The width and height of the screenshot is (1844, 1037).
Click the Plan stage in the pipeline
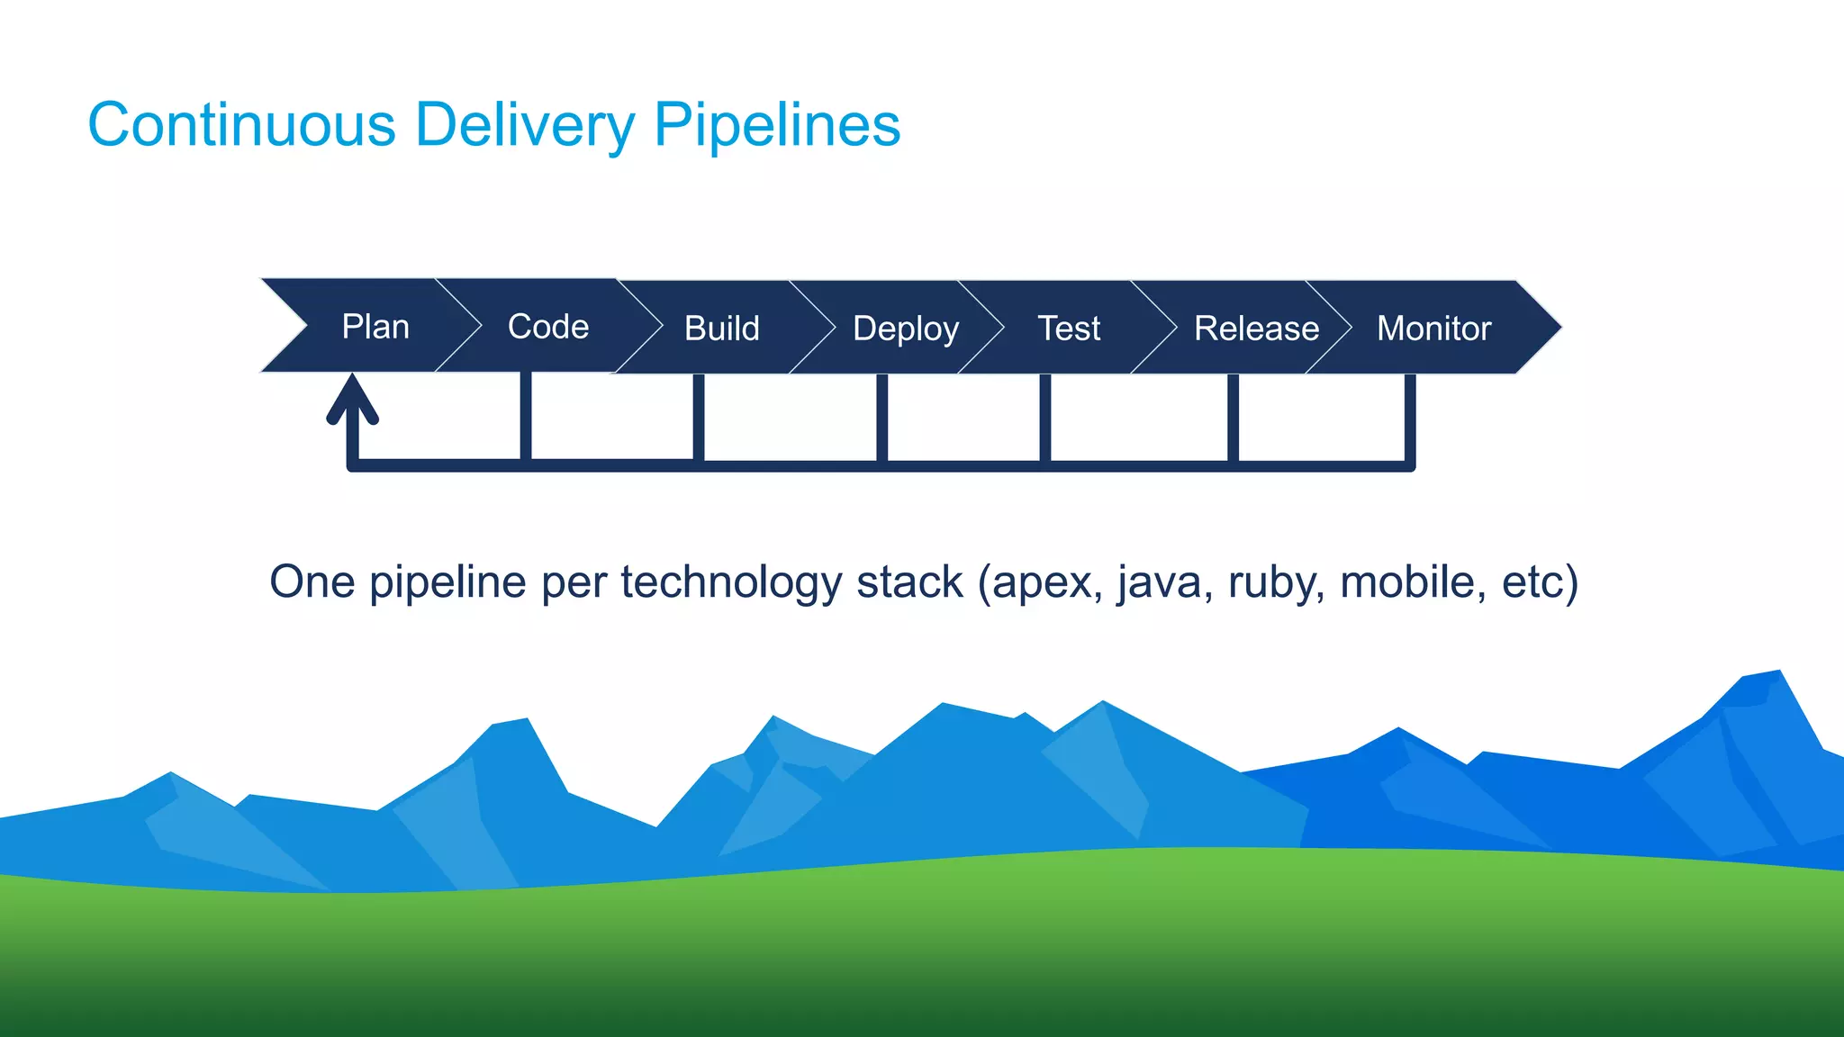(x=375, y=327)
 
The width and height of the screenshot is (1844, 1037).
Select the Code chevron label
(x=548, y=327)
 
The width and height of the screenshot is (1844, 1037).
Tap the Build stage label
(x=721, y=329)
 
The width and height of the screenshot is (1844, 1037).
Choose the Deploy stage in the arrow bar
(x=905, y=329)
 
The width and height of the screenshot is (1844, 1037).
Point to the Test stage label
(x=1069, y=329)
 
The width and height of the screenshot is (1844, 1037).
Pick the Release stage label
(x=1256, y=329)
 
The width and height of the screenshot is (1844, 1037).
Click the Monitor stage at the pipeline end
(x=1433, y=329)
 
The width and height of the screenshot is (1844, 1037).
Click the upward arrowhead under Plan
(x=352, y=396)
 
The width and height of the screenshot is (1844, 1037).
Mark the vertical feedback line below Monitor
(x=1410, y=419)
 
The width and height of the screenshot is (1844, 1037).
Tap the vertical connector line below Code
(x=526, y=416)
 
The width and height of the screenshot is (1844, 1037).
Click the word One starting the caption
(x=312, y=582)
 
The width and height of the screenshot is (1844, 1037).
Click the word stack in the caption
(x=909, y=582)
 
